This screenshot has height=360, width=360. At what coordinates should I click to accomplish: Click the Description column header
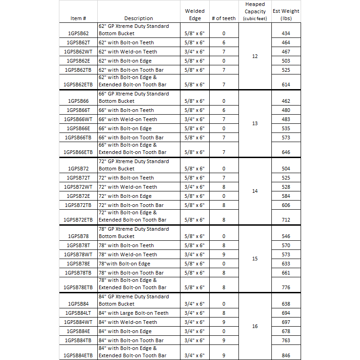click(138, 18)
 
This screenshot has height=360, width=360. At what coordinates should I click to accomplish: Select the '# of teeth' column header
click(224, 18)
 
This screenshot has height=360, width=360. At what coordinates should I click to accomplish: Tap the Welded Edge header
click(195, 15)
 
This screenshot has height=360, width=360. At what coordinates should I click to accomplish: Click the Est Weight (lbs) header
click(286, 15)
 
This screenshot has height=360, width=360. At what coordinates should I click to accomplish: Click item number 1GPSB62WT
click(78, 52)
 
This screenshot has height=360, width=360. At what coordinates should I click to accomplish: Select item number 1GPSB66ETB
click(78, 152)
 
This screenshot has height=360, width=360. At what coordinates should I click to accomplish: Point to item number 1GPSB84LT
click(78, 313)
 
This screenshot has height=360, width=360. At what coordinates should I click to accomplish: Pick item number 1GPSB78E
click(78, 264)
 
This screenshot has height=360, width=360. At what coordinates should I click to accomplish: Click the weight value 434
click(286, 33)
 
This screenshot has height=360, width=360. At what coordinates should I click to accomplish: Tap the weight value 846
click(286, 355)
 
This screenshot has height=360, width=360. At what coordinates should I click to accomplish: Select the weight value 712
click(286, 220)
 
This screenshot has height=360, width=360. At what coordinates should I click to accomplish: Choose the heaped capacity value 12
click(255, 56)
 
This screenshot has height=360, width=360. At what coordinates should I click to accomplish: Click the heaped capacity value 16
click(255, 326)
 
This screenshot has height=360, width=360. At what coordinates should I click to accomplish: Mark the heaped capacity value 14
click(255, 191)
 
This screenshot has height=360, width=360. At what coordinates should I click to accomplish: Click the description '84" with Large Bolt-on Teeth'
click(133, 313)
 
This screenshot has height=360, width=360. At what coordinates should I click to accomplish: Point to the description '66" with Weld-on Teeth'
click(128, 119)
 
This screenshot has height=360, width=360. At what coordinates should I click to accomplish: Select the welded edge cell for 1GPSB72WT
click(195, 187)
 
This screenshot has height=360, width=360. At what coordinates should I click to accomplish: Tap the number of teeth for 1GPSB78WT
click(224, 254)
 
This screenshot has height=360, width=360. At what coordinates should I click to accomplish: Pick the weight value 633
click(286, 264)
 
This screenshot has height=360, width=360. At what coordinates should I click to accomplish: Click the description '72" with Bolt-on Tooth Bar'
click(131, 205)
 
